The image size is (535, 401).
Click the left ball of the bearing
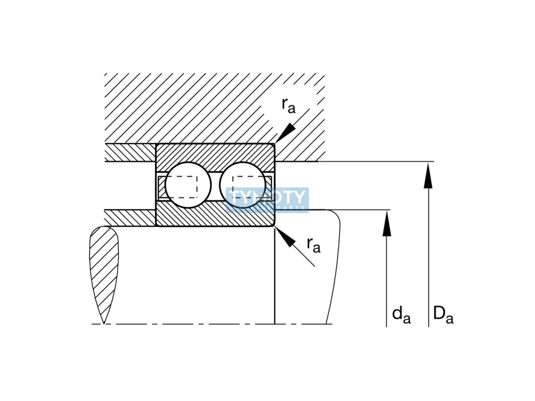pyautogui.click(x=188, y=185)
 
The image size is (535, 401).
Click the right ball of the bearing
pyautogui.click(x=242, y=185)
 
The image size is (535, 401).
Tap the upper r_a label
pyautogui.click(x=288, y=105)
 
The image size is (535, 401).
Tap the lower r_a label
pyautogui.click(x=313, y=244)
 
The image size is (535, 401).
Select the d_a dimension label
pyautogui.click(x=401, y=314)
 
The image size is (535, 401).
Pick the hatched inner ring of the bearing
pyautogui.click(x=215, y=216)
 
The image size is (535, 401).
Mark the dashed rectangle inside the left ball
pyautogui.click(x=182, y=186)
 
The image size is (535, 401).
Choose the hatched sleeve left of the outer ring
pyautogui.click(x=130, y=152)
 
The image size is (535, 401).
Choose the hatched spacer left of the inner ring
pyautogui.click(x=130, y=217)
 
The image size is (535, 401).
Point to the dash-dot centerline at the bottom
pyautogui.click(x=209, y=324)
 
